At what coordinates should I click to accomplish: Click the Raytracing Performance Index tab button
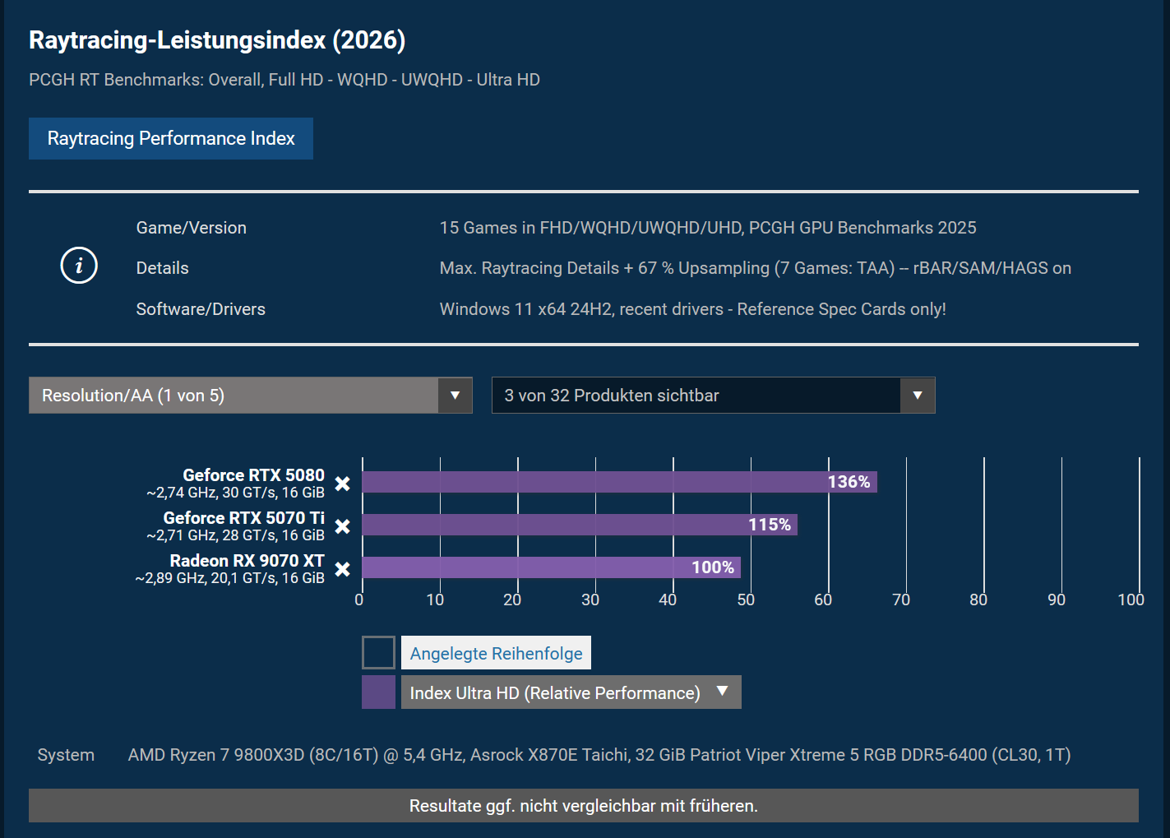point(171,138)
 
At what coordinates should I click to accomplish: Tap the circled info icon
point(79,265)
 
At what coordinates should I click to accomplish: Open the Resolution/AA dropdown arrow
point(455,396)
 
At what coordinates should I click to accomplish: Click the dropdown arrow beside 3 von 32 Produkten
point(918,396)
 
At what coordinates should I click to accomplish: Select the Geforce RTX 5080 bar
point(619,482)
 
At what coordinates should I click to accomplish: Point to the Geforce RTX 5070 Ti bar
point(580,525)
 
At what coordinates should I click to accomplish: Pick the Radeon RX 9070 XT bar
point(551,567)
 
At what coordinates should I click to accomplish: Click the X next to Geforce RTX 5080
point(343,484)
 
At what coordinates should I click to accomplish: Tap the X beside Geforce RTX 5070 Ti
point(343,526)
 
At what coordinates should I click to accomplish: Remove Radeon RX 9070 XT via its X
point(343,569)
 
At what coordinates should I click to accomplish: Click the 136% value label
point(849,482)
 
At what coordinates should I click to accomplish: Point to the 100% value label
point(713,567)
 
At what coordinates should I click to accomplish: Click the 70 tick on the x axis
point(901,600)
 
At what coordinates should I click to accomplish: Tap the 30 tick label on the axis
point(590,600)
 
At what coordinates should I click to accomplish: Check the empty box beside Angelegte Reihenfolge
point(378,652)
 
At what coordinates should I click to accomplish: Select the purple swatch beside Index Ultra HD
point(378,692)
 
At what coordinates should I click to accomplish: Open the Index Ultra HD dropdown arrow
point(723,691)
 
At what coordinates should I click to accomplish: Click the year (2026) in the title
point(368,40)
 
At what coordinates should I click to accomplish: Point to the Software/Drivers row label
point(201,309)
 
